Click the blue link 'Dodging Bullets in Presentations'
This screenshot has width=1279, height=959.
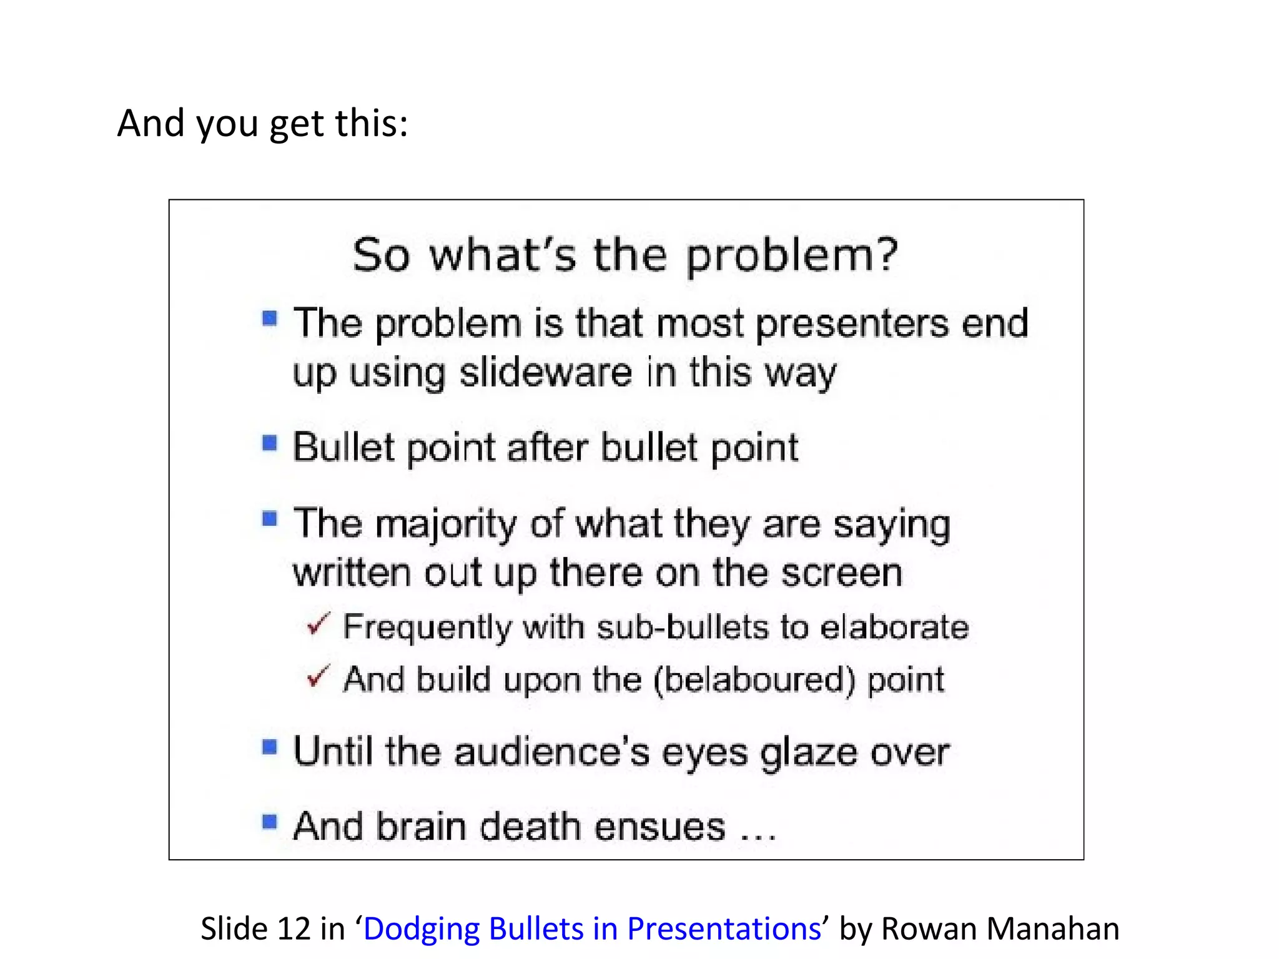pos(591,928)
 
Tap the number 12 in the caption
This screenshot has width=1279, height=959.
pos(294,928)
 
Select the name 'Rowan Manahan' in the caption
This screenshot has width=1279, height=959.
pos(1000,928)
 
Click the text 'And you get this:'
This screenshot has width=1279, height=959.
pos(262,123)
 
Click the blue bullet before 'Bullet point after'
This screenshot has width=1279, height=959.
pos(270,443)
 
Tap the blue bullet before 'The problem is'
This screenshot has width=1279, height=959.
pos(270,318)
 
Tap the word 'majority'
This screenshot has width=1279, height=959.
pos(445,524)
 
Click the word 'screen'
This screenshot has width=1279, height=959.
pos(842,573)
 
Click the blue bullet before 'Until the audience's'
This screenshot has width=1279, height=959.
pos(270,747)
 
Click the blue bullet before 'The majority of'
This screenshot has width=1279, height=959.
pos(270,519)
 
